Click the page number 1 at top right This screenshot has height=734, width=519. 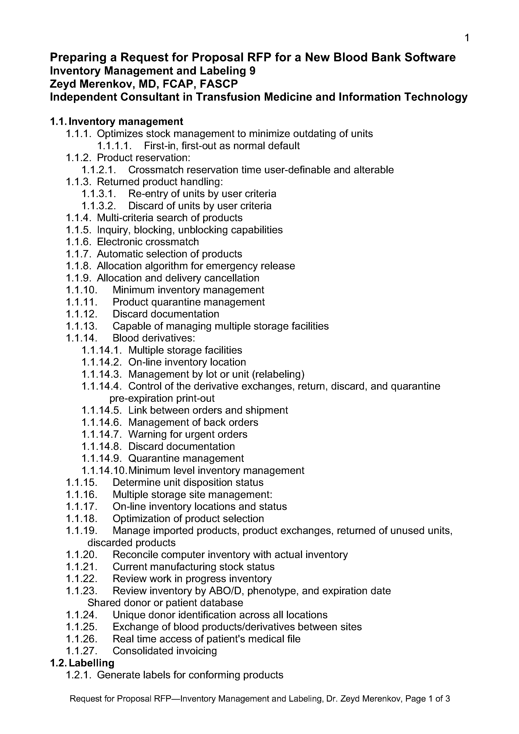pos(466,38)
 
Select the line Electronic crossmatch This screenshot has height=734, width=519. pos(148,242)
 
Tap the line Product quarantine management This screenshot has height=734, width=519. pos(188,302)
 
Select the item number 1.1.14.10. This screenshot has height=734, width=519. pos(105,471)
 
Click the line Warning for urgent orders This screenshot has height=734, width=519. pos(188,434)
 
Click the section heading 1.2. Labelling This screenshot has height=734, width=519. pos(82,663)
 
